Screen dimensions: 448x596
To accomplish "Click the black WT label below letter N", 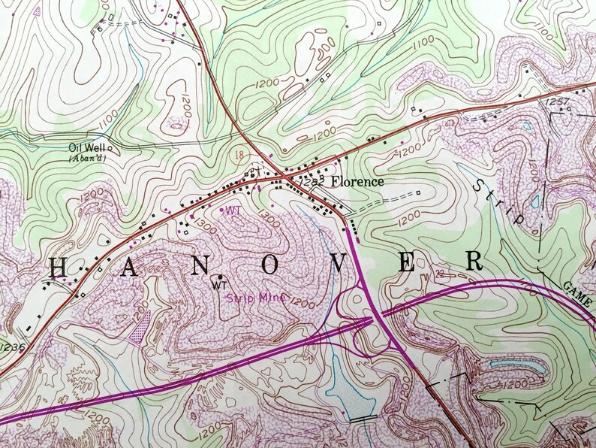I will click(220, 286).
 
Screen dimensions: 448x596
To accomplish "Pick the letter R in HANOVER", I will click(473, 261).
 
